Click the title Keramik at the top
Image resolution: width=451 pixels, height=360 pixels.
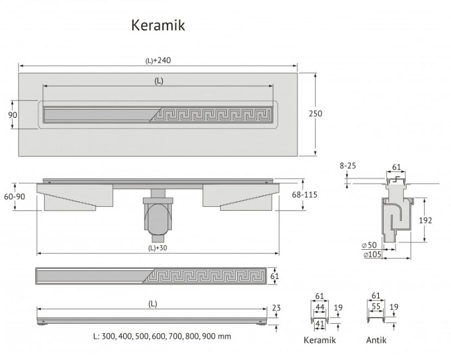(158, 26)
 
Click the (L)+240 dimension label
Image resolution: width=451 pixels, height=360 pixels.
(158, 61)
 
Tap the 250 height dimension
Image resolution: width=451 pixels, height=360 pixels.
(316, 113)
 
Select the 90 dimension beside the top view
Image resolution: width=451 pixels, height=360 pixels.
(12, 115)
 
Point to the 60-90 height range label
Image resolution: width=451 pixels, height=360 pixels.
(14, 197)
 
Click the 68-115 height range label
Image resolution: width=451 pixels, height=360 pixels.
(305, 195)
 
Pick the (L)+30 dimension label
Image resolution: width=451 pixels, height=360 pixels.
(158, 248)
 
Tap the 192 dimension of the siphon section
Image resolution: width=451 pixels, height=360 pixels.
(425, 220)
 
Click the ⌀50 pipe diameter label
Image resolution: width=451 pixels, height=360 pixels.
(369, 245)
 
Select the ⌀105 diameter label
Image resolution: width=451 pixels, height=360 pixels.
(372, 254)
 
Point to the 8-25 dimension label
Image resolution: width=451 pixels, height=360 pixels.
(348, 166)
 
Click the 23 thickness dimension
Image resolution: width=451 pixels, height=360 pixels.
(276, 308)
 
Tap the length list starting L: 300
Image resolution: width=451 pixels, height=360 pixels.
(162, 336)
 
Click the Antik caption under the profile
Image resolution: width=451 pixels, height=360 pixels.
(376, 340)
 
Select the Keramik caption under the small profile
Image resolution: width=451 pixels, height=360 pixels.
(320, 340)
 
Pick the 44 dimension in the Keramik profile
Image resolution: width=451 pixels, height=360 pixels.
(320, 307)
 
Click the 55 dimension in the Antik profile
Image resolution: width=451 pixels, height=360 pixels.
(376, 307)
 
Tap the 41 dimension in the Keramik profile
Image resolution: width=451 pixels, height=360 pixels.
(320, 324)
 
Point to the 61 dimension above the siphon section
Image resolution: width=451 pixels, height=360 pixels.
(396, 167)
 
